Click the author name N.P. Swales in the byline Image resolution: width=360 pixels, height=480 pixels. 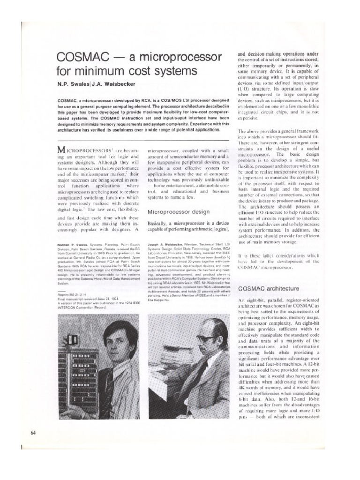pos(75,85)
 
